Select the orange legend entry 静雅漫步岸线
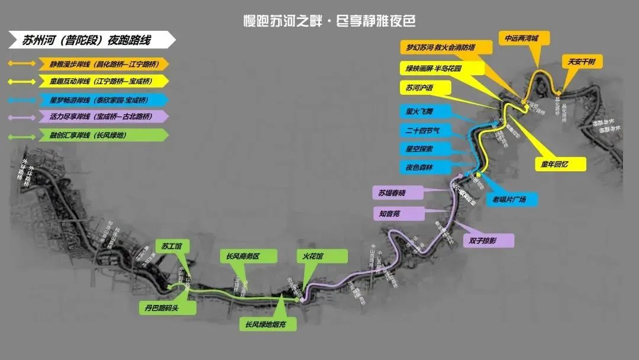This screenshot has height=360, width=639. [x=101, y=64]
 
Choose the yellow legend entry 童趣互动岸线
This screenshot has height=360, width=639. [x=101, y=81]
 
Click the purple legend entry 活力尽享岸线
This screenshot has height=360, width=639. [x=101, y=117]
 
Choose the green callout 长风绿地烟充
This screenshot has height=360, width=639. [x=267, y=324]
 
